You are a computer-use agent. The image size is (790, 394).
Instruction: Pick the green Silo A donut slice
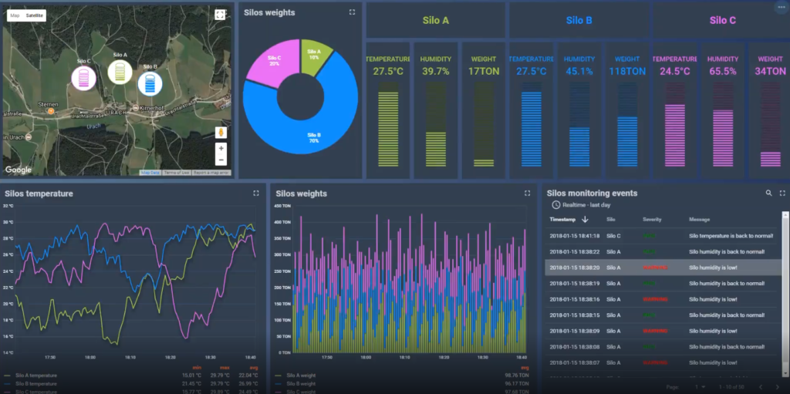[x=315, y=53]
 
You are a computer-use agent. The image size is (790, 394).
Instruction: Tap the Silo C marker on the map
[x=84, y=76]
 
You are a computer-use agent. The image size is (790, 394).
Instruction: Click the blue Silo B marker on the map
[x=150, y=82]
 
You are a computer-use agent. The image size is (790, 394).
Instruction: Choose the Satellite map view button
[x=35, y=15]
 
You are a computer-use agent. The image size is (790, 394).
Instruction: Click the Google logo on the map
[x=19, y=170]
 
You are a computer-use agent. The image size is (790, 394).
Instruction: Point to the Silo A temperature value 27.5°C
[x=388, y=72]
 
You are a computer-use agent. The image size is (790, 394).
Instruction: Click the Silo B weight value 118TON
[x=626, y=72]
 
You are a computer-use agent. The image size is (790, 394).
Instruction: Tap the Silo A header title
[x=436, y=21]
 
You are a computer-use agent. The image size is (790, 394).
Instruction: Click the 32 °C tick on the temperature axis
[x=8, y=206]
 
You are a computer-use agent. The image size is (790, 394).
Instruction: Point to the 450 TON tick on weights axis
[x=282, y=206]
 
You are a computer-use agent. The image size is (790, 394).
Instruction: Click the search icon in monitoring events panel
[x=768, y=194]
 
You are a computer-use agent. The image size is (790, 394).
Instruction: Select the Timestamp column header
[x=562, y=220]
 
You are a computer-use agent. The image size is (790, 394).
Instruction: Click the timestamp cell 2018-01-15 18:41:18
[x=574, y=235]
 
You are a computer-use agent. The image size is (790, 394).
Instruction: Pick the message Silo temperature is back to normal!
[x=726, y=235]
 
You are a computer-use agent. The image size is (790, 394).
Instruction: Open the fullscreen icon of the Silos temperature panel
[x=257, y=194]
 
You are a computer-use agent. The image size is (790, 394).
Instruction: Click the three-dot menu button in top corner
[x=782, y=7]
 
